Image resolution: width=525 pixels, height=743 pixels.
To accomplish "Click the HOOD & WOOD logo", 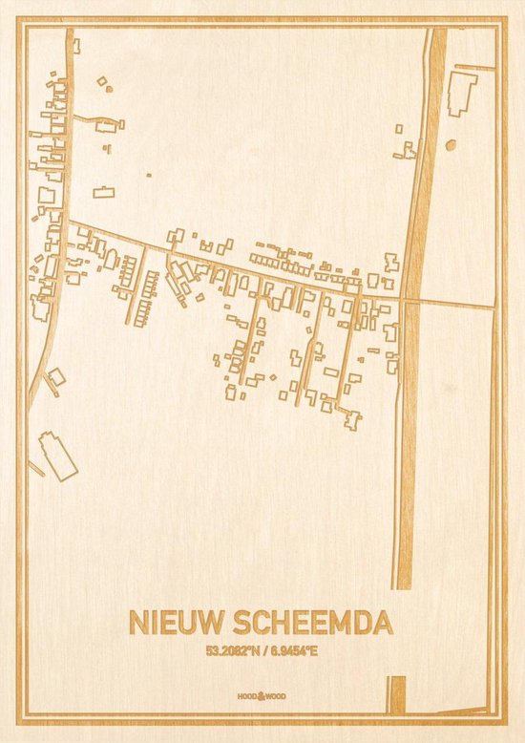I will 262,697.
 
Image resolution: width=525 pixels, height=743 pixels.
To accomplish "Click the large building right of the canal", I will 463,92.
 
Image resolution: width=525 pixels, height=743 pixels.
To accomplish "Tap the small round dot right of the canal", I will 451,145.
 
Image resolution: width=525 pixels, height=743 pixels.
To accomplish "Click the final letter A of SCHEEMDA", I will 382,624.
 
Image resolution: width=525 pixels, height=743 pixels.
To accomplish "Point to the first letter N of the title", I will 136,624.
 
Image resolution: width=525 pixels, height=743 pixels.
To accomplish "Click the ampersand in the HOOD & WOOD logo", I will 262,697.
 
